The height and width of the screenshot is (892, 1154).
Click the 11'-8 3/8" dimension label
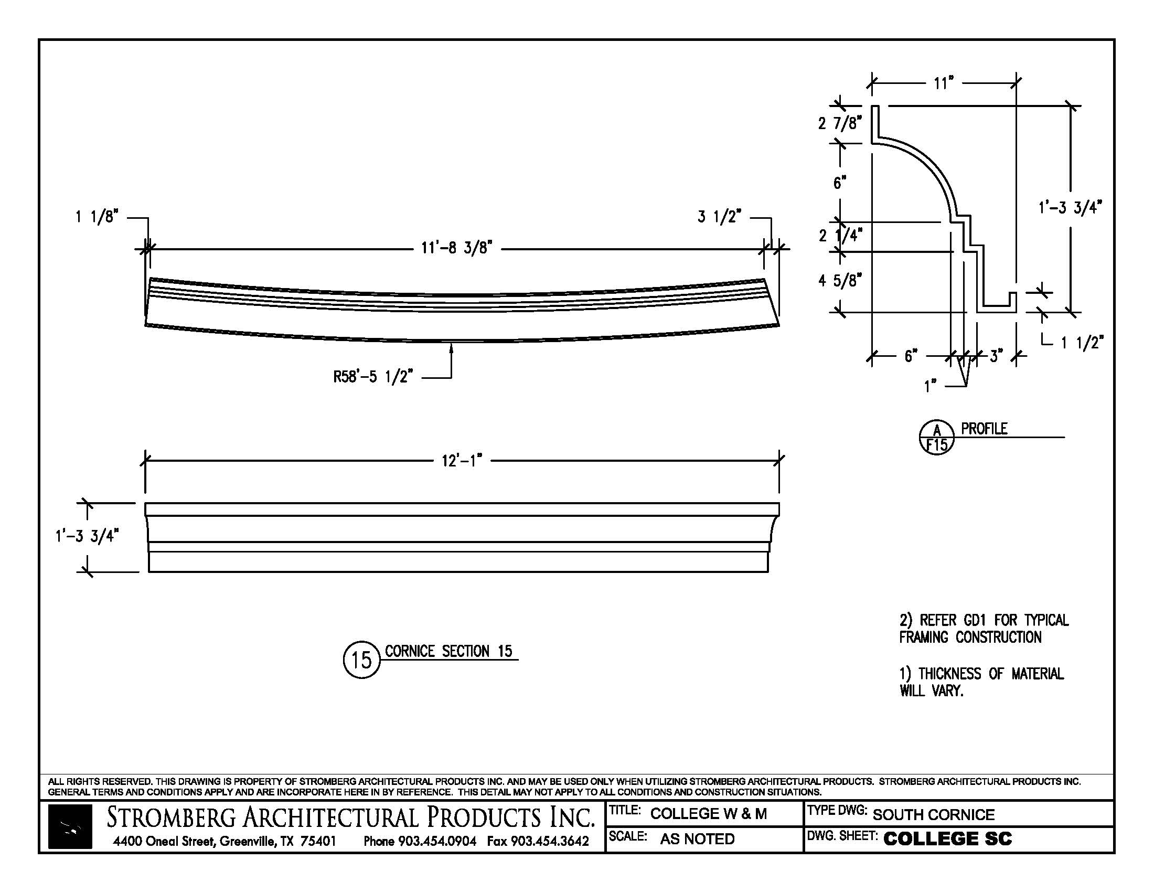(456, 248)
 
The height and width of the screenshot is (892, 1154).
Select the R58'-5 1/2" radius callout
(372, 377)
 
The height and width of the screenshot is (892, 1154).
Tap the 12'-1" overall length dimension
(462, 461)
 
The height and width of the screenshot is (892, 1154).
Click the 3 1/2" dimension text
(719, 217)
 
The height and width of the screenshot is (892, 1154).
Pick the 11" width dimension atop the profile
(943, 83)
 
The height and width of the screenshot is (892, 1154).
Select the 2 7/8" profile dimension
(840, 124)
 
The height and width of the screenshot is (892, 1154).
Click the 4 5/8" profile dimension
(840, 281)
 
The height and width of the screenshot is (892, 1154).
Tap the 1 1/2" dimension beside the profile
(1082, 343)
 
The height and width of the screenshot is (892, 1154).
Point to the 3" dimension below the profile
(996, 356)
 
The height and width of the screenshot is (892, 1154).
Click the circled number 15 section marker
(361, 660)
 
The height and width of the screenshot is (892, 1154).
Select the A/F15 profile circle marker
(937, 438)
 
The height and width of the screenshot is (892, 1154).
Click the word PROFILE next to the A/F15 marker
(984, 429)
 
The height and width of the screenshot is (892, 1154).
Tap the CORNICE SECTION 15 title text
(448, 652)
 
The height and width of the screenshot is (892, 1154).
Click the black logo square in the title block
(70, 826)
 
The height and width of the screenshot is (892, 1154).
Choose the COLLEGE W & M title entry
(708, 814)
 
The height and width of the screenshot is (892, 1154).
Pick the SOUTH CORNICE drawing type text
(933, 815)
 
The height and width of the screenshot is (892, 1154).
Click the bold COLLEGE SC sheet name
(947, 838)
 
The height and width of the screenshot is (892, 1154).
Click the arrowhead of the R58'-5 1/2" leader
(451, 347)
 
